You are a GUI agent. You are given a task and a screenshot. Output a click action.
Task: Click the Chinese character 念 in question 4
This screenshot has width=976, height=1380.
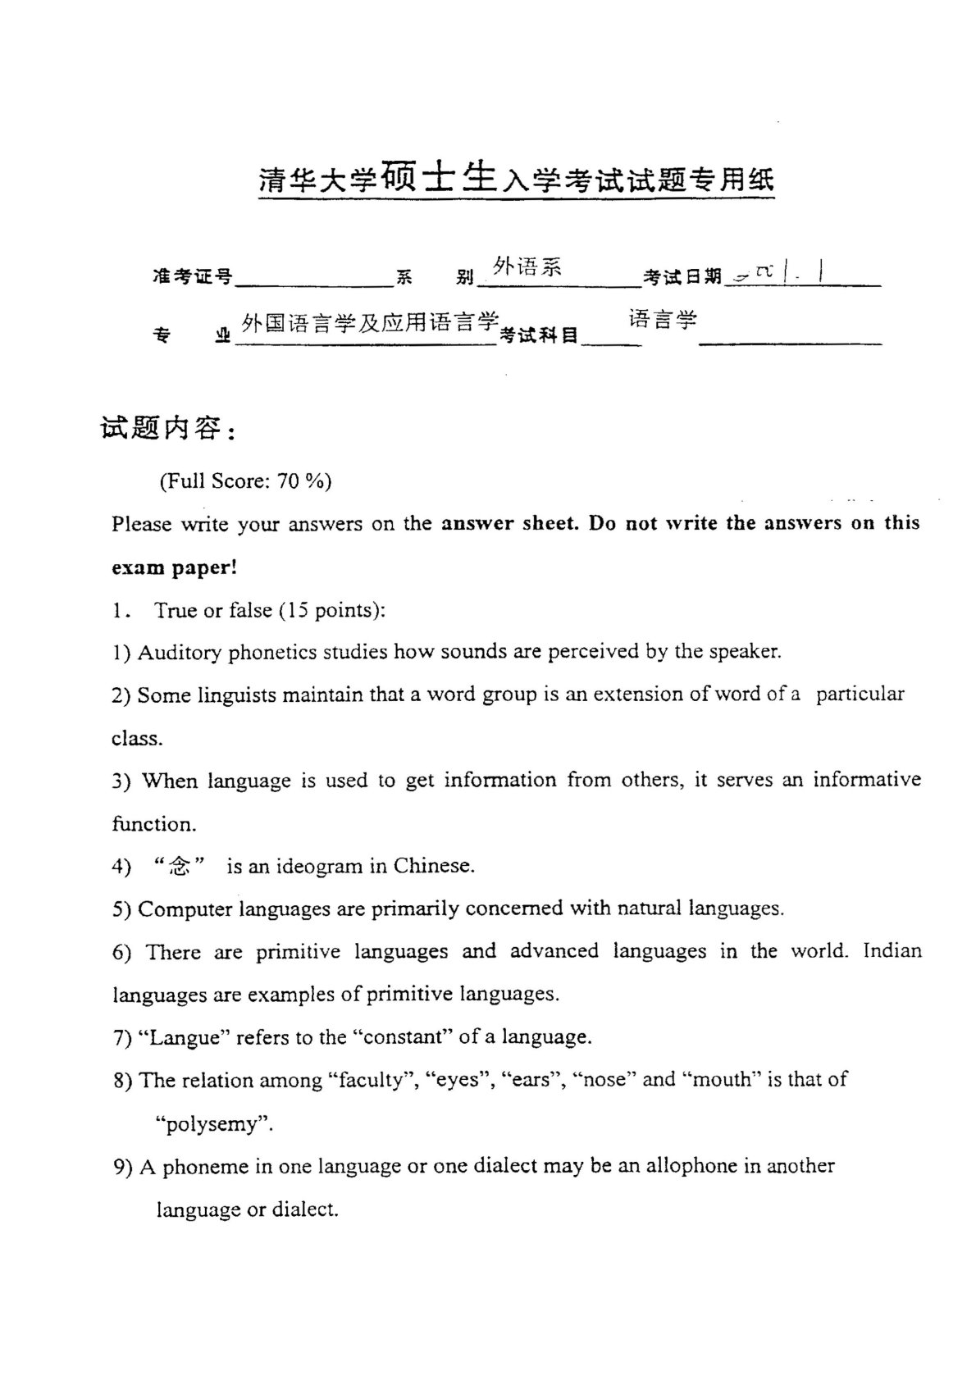(179, 865)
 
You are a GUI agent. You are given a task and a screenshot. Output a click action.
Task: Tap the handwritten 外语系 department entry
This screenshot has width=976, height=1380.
(527, 266)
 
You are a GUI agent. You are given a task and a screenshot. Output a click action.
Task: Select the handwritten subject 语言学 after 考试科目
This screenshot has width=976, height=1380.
(663, 319)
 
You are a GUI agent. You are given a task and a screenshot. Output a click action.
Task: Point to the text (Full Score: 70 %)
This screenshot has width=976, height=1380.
(245, 480)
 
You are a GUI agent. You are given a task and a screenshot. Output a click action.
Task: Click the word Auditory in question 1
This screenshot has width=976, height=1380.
(180, 652)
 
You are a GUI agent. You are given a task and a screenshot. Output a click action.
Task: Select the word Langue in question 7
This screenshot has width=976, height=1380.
(185, 1037)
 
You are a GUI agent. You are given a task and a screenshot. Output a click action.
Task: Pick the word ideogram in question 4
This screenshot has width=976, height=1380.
(322, 866)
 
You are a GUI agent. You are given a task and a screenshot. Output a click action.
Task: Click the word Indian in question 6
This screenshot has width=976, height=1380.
(892, 951)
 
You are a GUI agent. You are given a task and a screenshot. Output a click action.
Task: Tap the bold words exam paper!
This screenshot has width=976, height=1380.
(174, 567)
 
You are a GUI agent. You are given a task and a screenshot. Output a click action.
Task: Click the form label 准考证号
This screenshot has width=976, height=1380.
(192, 276)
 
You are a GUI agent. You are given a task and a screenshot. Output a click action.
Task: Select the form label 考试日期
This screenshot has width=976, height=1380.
(682, 277)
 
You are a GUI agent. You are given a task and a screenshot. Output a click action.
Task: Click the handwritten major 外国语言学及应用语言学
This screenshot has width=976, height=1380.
(371, 323)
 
